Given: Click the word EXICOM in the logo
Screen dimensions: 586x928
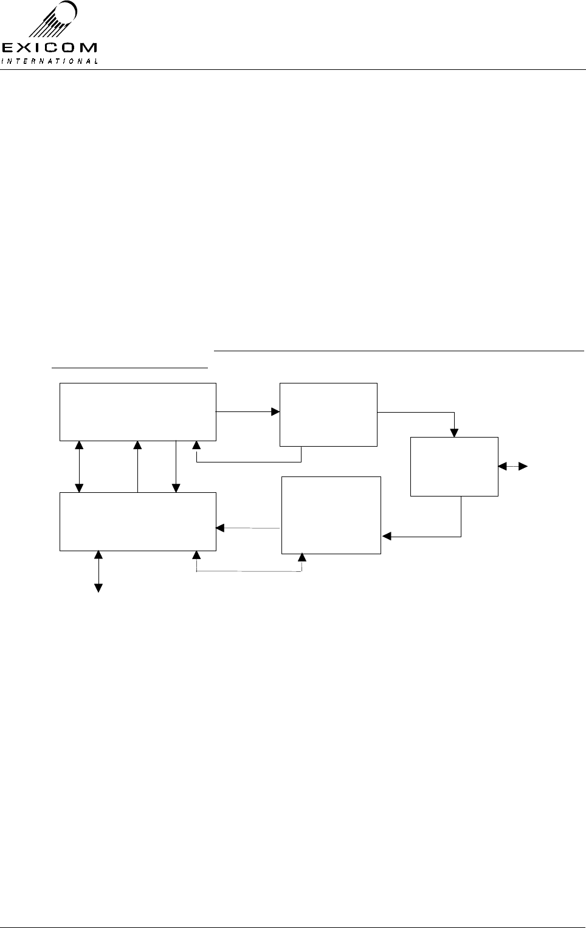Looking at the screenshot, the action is point(49,47).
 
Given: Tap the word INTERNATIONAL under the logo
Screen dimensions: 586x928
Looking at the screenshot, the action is point(49,61).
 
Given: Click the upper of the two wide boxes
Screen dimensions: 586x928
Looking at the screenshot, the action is point(138,411).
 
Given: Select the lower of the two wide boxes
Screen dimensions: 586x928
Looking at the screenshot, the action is point(138,521).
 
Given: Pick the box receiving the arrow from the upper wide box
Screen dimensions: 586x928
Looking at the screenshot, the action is point(328,414).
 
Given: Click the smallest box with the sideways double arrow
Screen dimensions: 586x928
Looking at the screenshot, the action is point(454,466).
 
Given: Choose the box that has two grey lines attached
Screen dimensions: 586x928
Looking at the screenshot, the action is point(331,515).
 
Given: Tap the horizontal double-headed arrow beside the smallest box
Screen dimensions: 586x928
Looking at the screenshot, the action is point(512,466).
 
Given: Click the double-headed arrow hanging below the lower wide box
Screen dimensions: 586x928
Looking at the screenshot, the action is point(98,571).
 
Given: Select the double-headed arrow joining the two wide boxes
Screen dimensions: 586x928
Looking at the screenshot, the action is point(79,466).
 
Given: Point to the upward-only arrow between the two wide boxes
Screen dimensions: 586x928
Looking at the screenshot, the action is point(138,466).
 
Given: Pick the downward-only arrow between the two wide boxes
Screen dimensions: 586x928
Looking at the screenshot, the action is point(176,466).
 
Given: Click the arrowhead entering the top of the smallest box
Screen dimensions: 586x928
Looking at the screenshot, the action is point(454,433).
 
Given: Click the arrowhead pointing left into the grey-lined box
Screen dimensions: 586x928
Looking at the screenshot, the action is point(386,536).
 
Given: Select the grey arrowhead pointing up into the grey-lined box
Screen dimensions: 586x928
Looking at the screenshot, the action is point(302,558).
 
